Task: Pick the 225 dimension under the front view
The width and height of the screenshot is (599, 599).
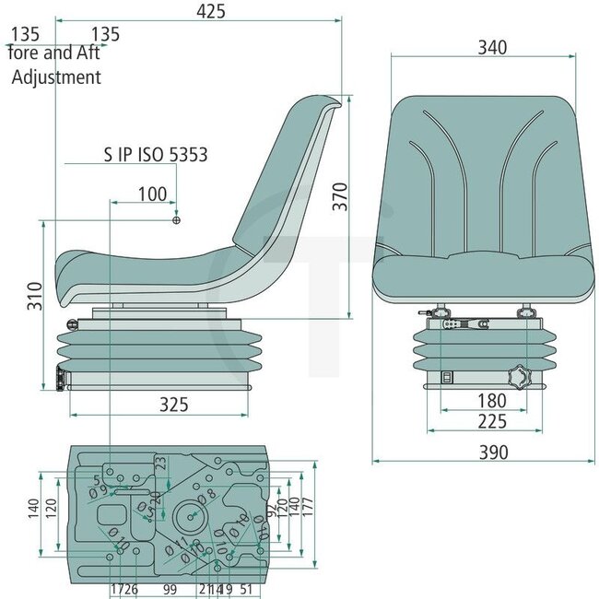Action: [x=480, y=421]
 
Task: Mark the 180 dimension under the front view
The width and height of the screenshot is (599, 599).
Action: [x=480, y=401]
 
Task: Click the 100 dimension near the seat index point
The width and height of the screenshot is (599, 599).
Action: [x=152, y=194]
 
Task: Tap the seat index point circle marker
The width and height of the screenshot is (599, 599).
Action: [x=177, y=220]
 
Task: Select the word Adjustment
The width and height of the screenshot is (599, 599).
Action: [x=56, y=77]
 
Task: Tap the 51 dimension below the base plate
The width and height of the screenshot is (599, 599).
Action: [x=246, y=588]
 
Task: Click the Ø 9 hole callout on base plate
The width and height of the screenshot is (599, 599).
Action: [x=100, y=491]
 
